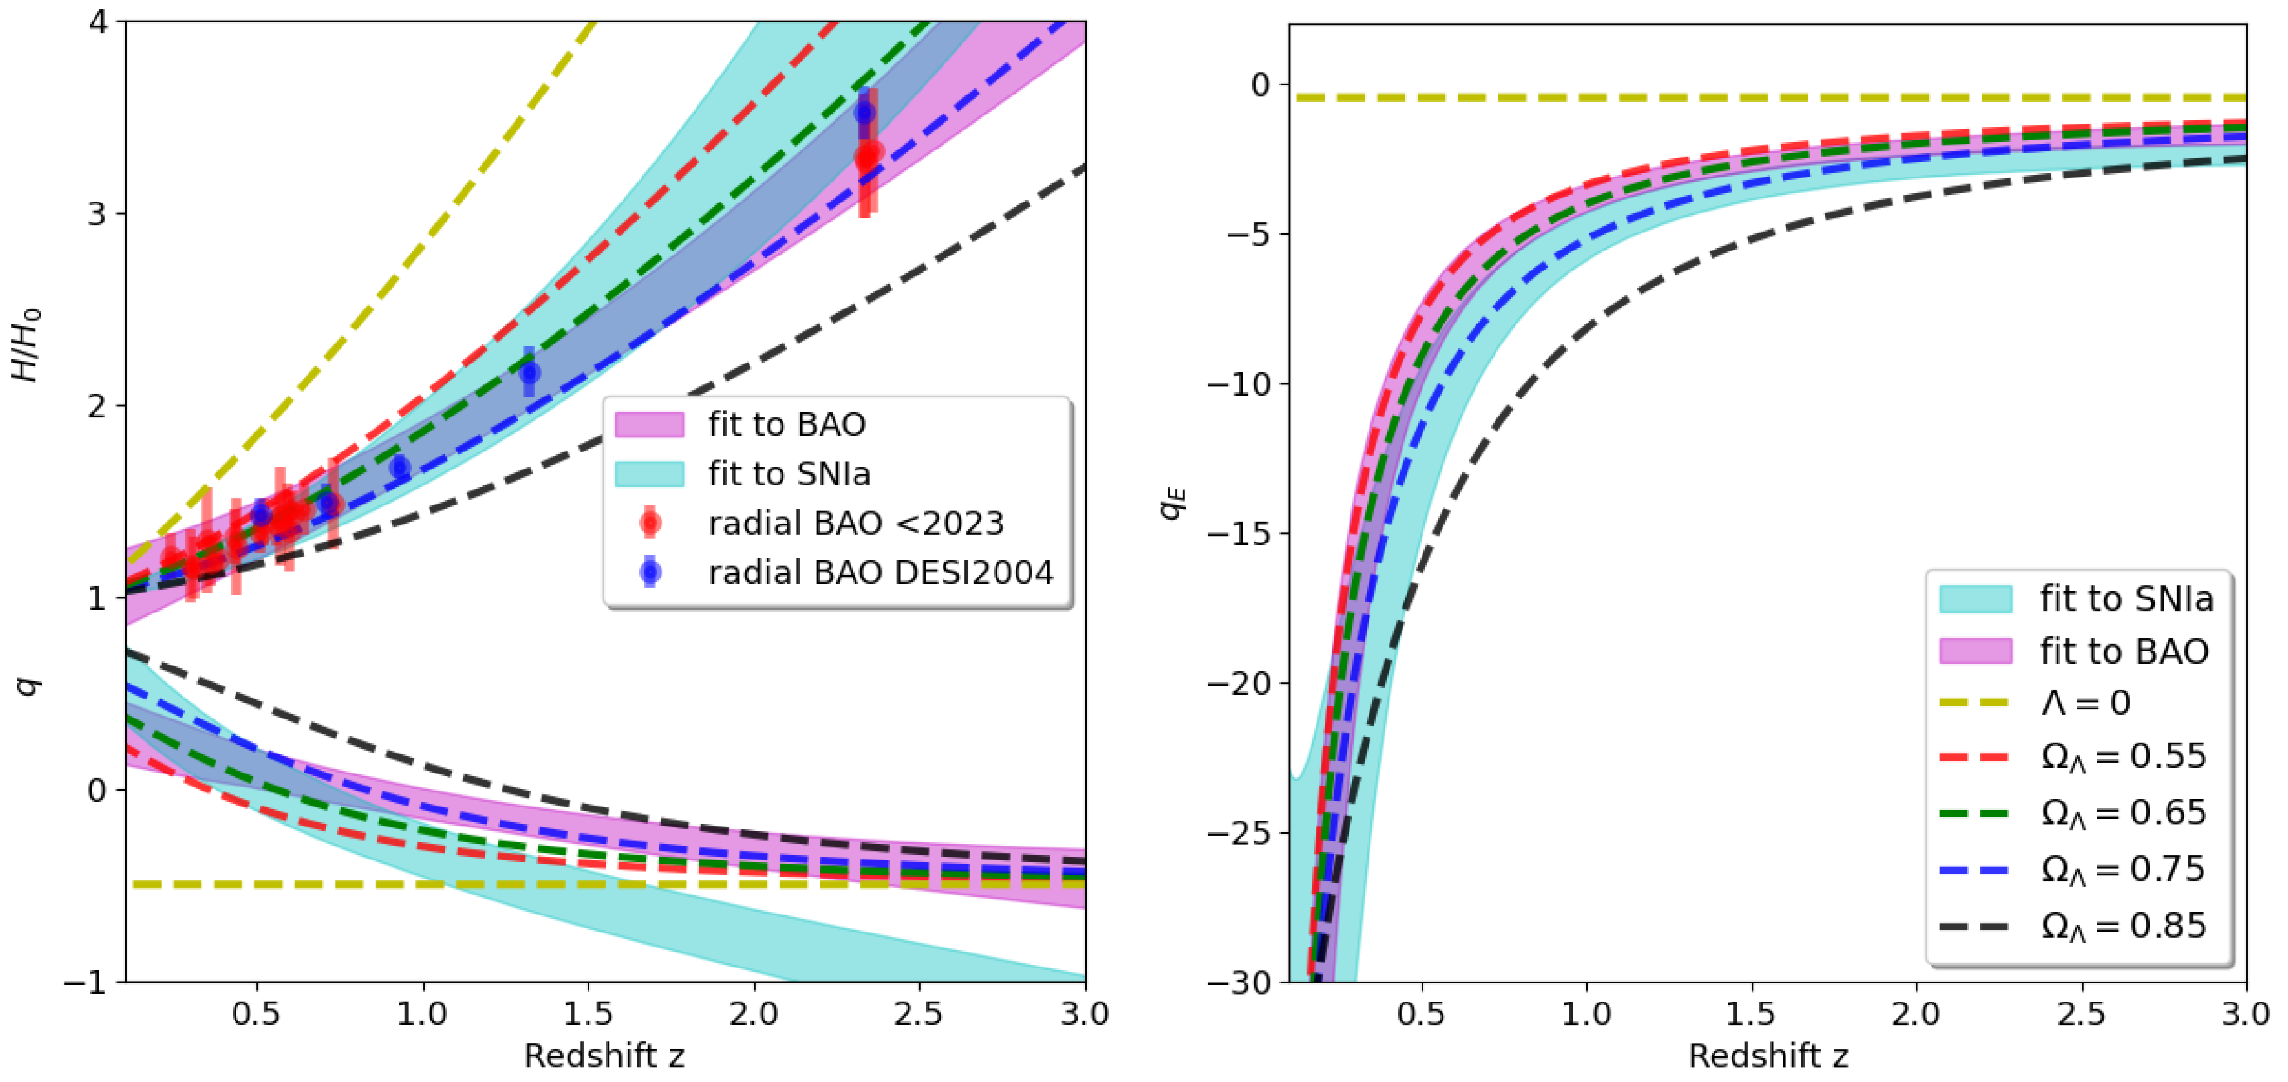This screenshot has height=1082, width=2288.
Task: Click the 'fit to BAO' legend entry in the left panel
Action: click(x=785, y=425)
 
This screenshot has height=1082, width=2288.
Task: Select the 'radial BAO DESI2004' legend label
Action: click(x=880, y=573)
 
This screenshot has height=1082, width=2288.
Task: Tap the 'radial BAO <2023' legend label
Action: click(x=855, y=524)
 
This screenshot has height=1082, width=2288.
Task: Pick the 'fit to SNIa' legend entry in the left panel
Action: click(x=788, y=474)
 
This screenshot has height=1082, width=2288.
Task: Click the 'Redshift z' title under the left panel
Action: click(x=604, y=1056)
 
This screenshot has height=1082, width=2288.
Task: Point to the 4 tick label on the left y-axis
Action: click(x=98, y=21)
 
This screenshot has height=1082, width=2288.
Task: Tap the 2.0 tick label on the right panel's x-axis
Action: click(x=1915, y=1013)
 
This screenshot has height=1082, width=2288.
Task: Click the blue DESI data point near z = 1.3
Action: click(x=530, y=373)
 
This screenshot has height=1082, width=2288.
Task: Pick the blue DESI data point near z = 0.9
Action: click(x=400, y=466)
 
